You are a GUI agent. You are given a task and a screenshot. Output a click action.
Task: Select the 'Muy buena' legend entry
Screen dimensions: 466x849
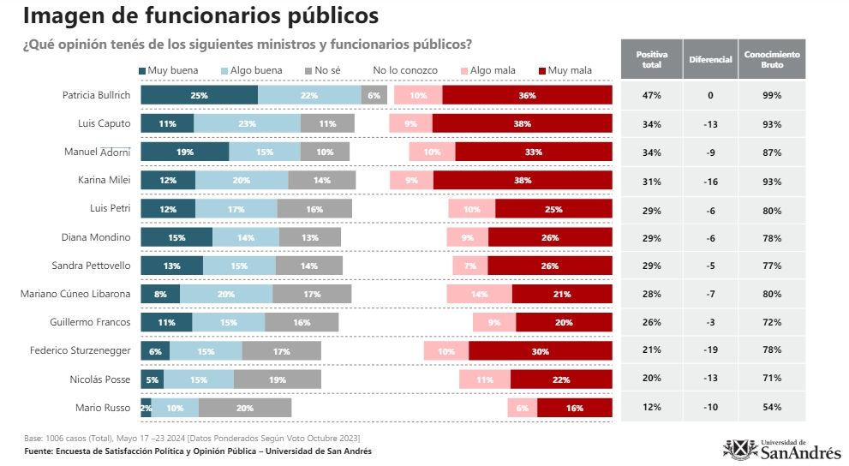point(168,70)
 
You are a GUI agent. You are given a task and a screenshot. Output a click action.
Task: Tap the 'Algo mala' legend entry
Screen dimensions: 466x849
point(487,70)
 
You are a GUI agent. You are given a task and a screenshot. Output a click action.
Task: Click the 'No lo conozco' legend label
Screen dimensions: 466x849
point(404,70)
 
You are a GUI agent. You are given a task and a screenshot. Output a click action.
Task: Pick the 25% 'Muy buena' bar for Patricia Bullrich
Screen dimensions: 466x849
point(199,95)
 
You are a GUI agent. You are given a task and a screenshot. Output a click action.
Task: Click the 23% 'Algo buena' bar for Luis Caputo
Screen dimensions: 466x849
point(247,123)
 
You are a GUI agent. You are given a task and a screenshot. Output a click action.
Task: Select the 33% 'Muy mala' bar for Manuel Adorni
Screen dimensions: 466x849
point(533,152)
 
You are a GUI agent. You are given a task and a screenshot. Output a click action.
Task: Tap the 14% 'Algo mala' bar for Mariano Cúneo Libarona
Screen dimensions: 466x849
point(479,294)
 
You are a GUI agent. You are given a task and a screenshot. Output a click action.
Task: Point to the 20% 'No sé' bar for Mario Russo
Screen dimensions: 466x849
point(244,408)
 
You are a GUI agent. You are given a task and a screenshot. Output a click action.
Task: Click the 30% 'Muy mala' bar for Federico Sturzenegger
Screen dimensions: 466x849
point(540,351)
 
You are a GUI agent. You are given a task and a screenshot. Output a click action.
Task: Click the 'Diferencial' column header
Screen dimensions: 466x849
point(710,60)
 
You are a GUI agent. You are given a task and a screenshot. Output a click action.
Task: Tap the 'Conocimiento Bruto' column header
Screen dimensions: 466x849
point(772,60)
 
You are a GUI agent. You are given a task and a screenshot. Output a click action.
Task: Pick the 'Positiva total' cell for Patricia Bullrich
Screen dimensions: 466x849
point(651,95)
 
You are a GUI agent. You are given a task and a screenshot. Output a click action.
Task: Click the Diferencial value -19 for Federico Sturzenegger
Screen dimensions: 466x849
point(710,350)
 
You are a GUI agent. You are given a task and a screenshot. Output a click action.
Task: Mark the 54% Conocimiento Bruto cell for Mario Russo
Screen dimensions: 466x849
point(772,407)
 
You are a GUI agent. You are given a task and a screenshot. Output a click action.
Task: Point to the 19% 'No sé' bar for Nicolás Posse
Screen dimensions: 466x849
point(277,379)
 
